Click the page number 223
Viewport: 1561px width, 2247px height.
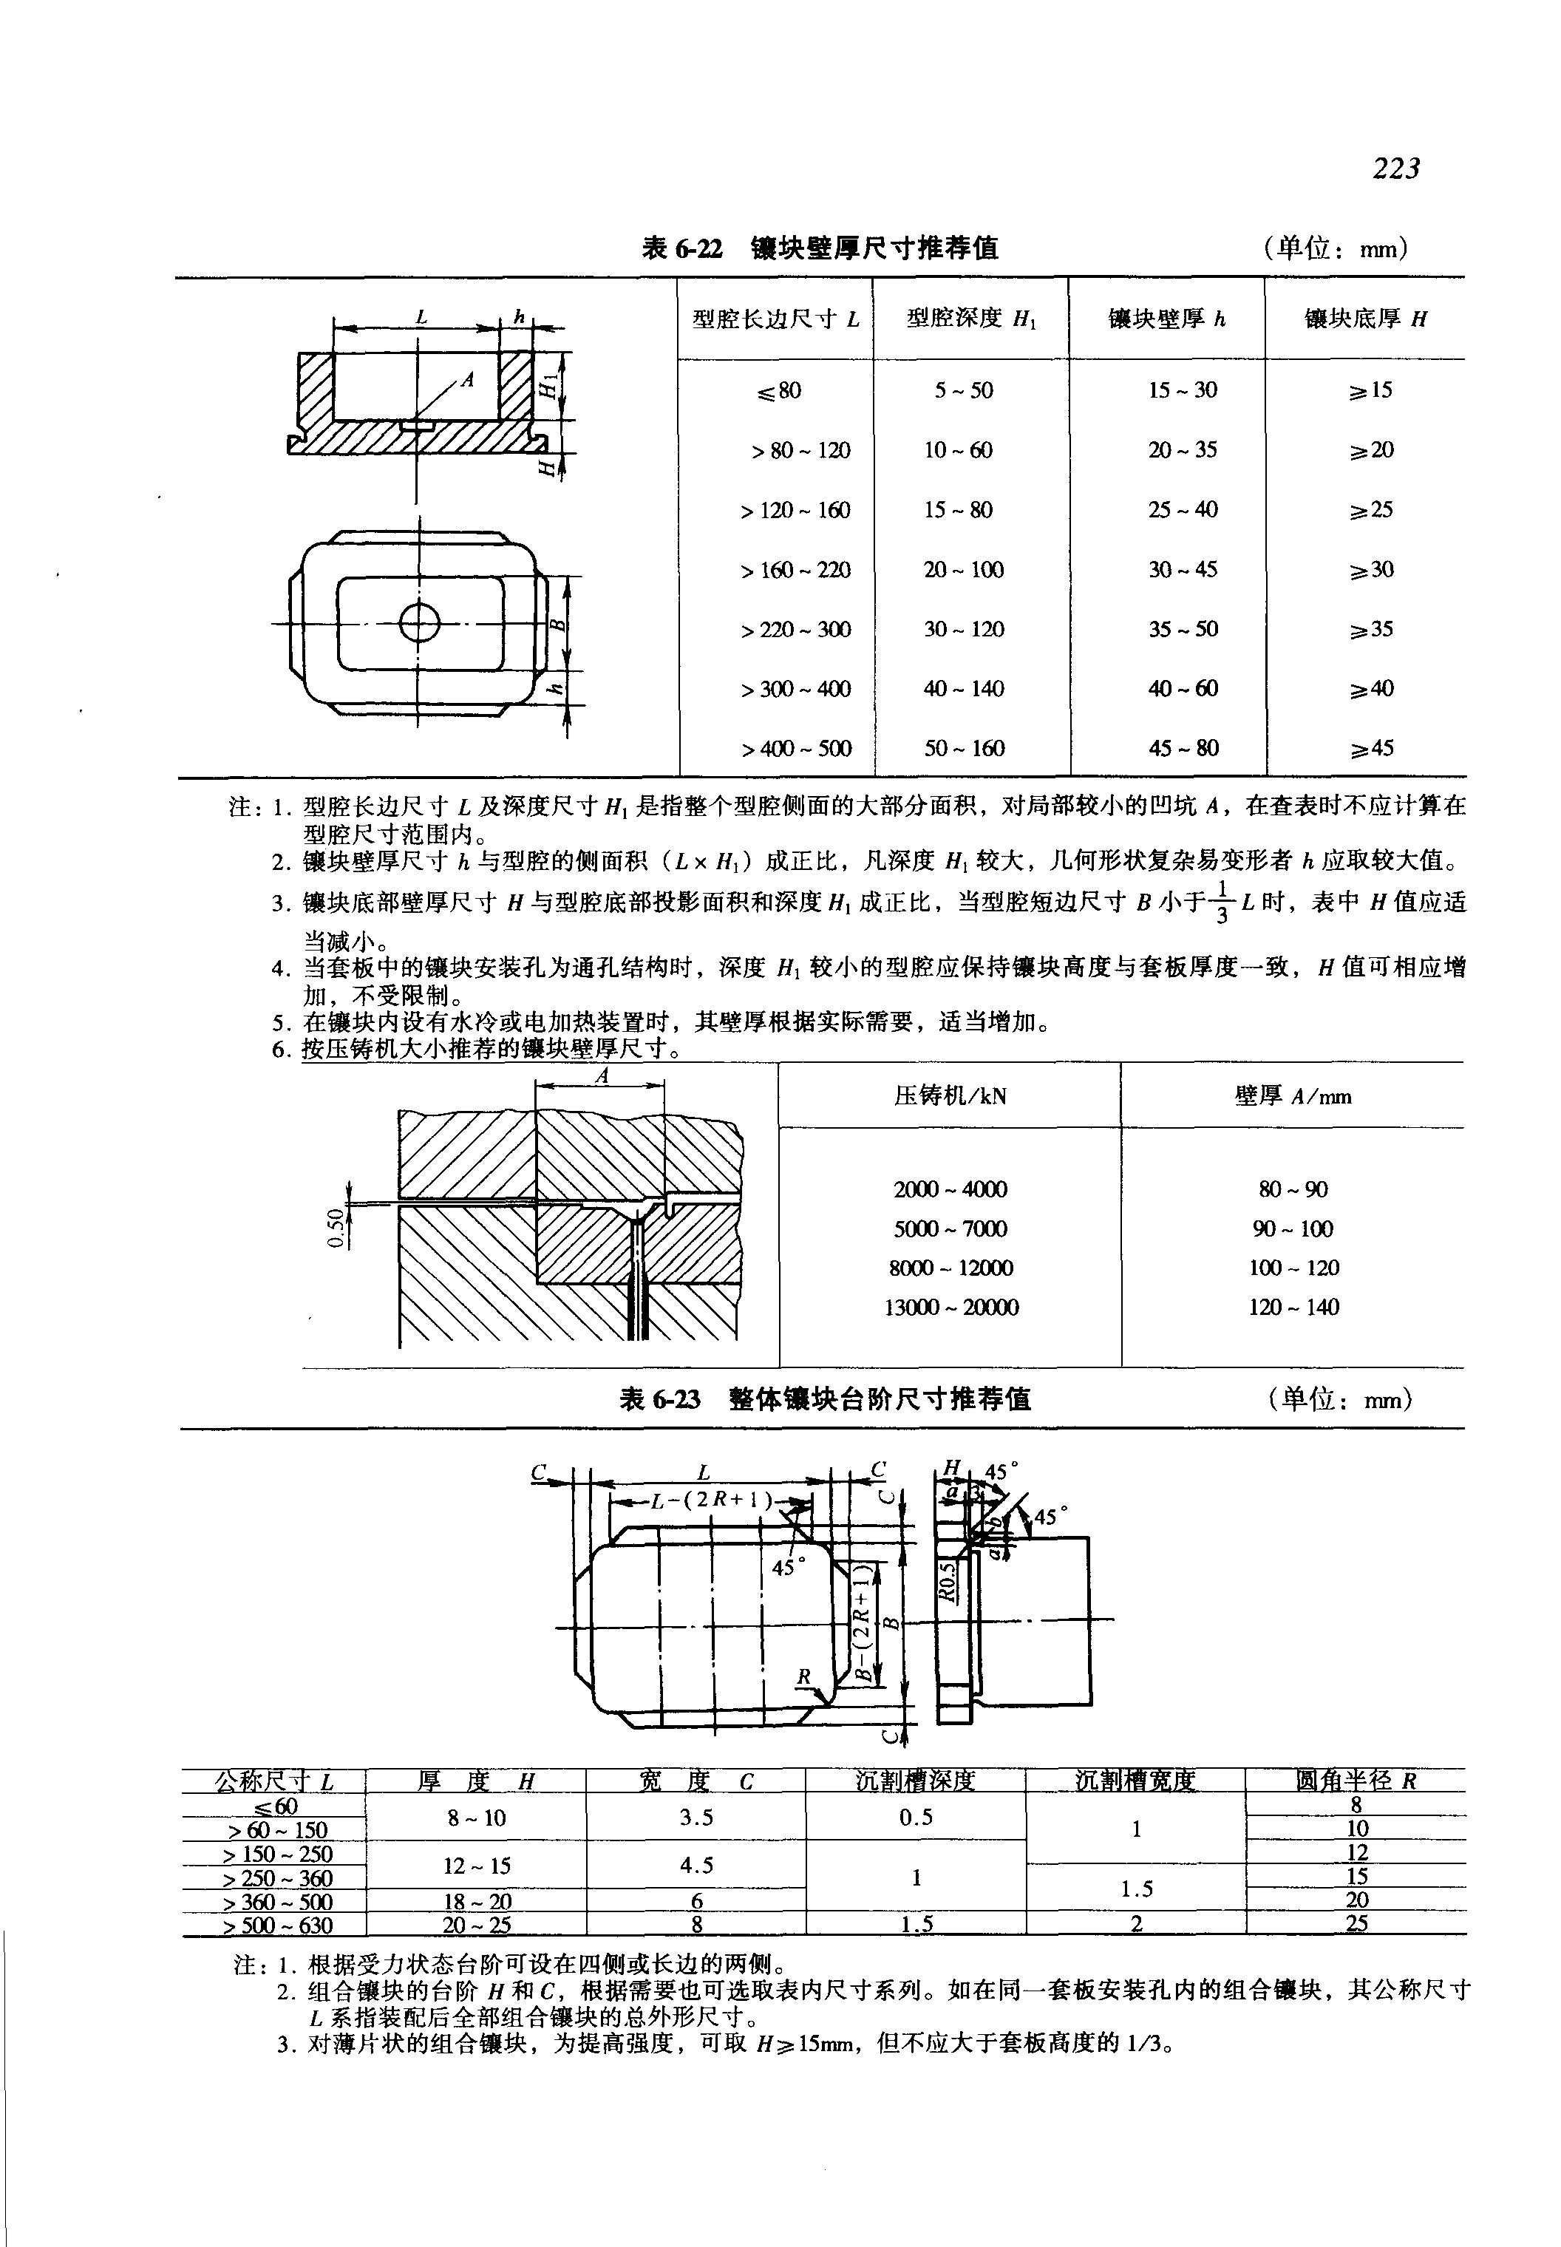pyautogui.click(x=1395, y=169)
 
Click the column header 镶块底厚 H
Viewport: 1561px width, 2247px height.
pyautogui.click(x=1365, y=318)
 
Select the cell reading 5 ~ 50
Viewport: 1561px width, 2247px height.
pyautogui.click(x=963, y=390)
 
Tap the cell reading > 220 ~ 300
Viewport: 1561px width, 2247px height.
pyautogui.click(x=795, y=629)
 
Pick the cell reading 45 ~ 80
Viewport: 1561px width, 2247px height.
pyautogui.click(x=1183, y=748)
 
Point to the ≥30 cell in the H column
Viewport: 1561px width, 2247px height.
pyautogui.click(x=1371, y=569)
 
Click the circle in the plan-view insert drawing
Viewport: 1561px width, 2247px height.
pyautogui.click(x=420, y=622)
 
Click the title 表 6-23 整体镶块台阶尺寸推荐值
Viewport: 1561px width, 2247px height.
pyautogui.click(x=826, y=1399)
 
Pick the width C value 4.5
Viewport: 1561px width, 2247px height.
pyautogui.click(x=696, y=1866)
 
